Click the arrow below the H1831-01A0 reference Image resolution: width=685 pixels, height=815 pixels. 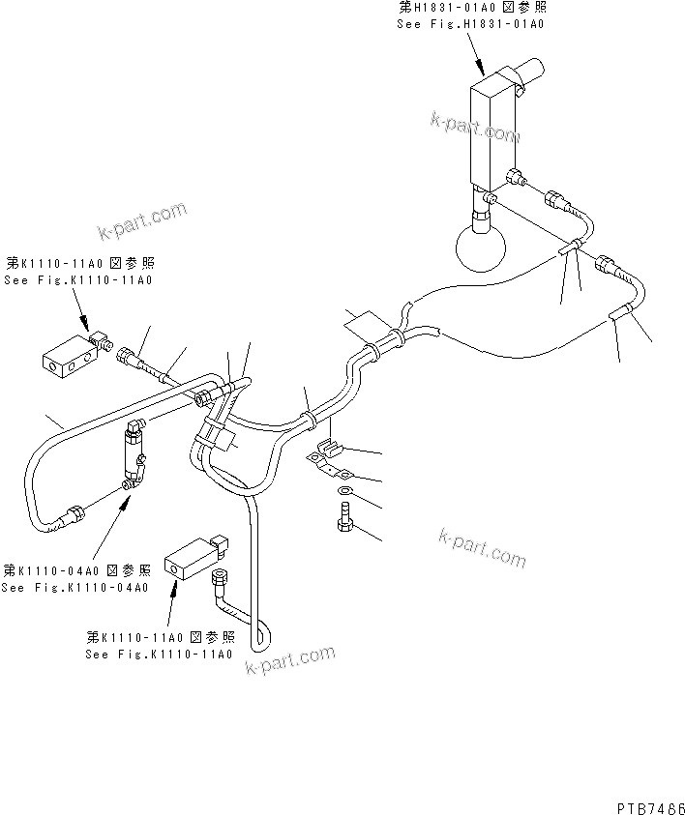pos(477,54)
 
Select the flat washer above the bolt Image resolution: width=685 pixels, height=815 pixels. pos(345,494)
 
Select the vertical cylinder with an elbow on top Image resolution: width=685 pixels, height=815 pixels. pos(134,454)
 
